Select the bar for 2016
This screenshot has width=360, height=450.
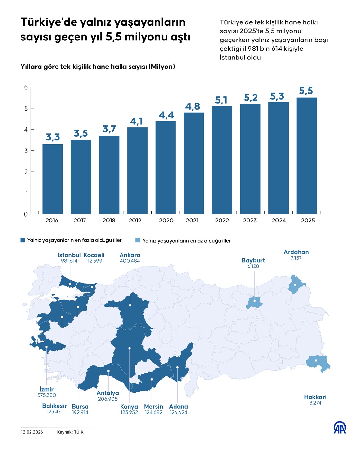(53, 179)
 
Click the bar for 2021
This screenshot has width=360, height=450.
(194, 163)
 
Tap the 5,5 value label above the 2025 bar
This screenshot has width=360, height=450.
(306, 91)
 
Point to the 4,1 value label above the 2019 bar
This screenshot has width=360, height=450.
(137, 121)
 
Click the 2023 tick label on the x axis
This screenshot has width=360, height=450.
(250, 221)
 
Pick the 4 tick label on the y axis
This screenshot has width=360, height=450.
(26, 130)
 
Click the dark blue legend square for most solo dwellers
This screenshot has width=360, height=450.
(23, 240)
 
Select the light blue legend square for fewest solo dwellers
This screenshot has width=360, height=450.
(138, 240)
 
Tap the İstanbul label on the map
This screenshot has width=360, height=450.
(69, 255)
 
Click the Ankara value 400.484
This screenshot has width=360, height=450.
(130, 261)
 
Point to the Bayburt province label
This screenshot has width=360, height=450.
(253, 260)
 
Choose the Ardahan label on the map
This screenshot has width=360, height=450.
(296, 252)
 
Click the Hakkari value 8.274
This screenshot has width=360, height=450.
(315, 403)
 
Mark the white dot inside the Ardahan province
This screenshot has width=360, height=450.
(295, 285)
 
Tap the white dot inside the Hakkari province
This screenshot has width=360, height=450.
(316, 360)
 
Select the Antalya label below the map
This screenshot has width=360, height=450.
(108, 393)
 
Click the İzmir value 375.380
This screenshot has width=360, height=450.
(47, 395)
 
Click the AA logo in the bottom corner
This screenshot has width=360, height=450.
(339, 428)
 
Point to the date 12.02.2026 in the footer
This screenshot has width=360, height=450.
(32, 432)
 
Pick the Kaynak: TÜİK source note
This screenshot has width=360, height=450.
(70, 432)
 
